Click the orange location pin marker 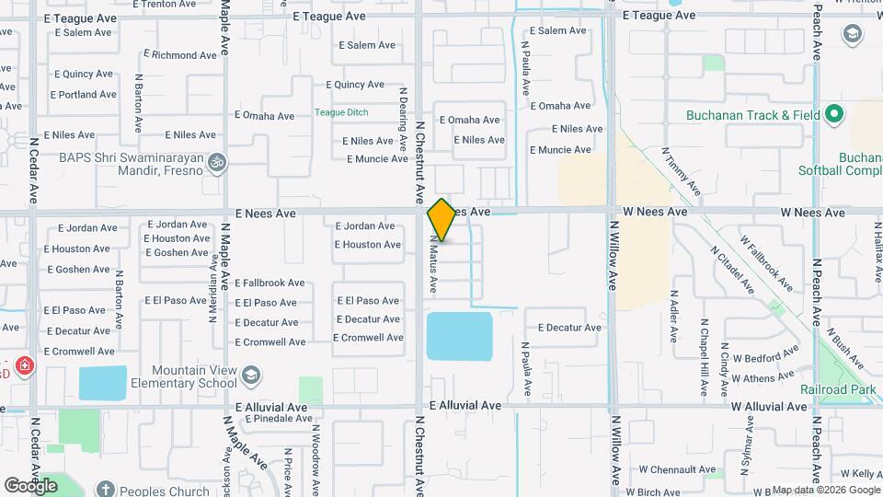[441, 220]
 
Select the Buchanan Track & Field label [751, 116]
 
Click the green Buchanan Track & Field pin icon [834, 115]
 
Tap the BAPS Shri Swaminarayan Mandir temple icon [217, 162]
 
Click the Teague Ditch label [341, 112]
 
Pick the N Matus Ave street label [433, 264]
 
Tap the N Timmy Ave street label [686, 174]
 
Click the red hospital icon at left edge [23, 367]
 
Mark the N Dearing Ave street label [403, 120]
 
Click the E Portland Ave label [84, 95]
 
